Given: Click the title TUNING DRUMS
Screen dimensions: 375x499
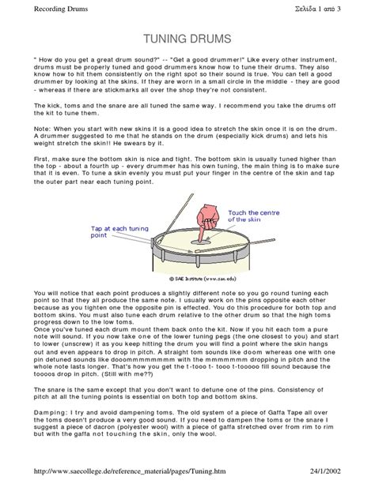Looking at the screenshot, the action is tap(187, 39).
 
